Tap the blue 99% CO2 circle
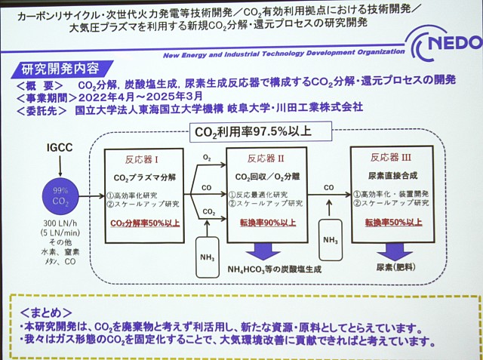pyautogui.click(x=60, y=196)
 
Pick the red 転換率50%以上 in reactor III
pyautogui.click(x=391, y=223)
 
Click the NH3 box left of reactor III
pyautogui.click(x=330, y=239)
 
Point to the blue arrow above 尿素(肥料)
pyautogui.click(x=391, y=251)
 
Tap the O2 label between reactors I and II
pyautogui.click(x=207, y=158)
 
